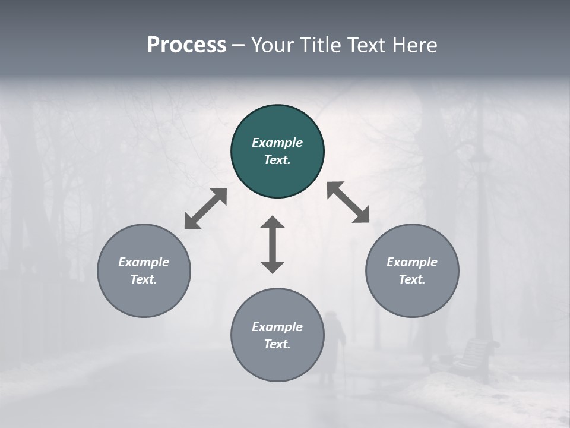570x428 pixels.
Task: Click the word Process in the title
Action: pos(186,45)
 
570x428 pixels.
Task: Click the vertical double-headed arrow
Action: pos(273,245)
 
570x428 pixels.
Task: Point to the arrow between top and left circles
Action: pos(205,209)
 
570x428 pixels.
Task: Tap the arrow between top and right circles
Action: pos(349,202)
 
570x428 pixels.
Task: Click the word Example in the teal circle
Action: pos(277,143)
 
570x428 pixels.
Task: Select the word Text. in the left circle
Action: pos(144,279)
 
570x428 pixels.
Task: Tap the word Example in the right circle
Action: pos(412,262)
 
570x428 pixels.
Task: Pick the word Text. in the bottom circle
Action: pos(277,344)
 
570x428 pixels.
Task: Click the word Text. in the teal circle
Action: pos(277,160)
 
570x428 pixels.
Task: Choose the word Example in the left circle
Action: pos(144,262)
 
